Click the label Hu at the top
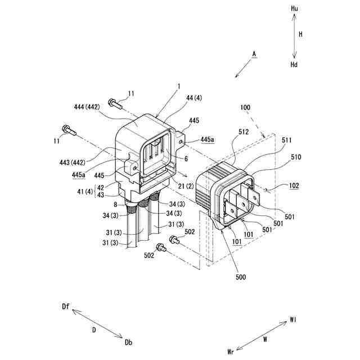click(294, 9)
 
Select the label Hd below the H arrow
click(294, 65)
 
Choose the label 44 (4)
click(193, 97)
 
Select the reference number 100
click(245, 106)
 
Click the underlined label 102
click(294, 186)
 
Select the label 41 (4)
click(85, 192)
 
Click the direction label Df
click(66, 306)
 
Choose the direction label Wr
click(231, 352)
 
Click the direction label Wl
click(293, 319)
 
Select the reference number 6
click(186, 158)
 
